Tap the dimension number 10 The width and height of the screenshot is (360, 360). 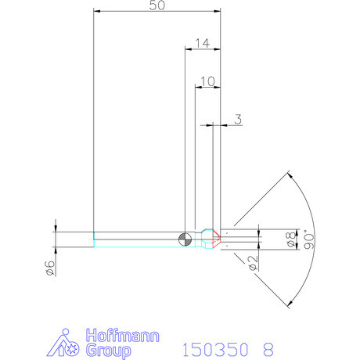(207, 81)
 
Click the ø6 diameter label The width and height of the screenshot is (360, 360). (48, 268)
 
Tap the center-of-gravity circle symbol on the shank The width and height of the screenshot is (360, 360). (184, 239)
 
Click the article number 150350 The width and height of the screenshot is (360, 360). (212, 348)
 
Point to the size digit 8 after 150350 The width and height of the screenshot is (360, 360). (269, 348)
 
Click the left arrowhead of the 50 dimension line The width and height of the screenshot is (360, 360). (96, 12)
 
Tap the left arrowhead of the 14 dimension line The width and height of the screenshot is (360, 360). (188, 49)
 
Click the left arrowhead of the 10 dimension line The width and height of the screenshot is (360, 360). (197, 88)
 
